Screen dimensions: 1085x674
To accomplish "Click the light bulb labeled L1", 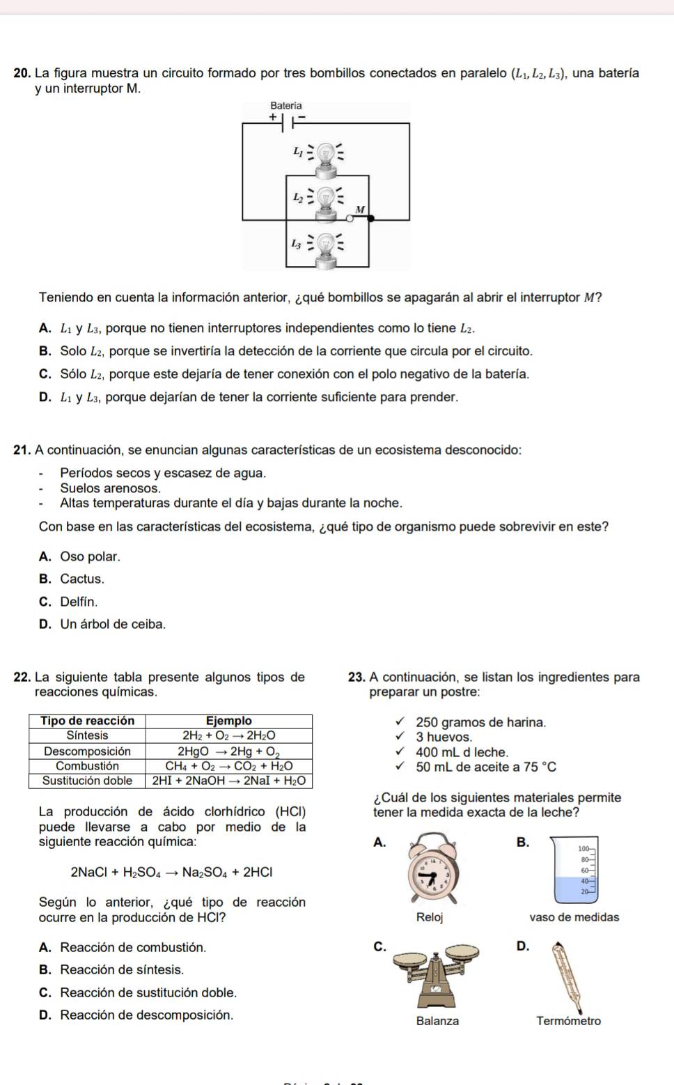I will pyautogui.click(x=325, y=154).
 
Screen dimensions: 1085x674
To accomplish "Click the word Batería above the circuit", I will pyautogui.click(x=286, y=106).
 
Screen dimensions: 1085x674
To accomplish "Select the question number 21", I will pyautogui.click(x=22, y=450).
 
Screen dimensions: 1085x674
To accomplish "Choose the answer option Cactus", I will pyautogui.click(x=82, y=579).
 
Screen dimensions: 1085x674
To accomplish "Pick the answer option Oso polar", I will pyautogui.click(x=90, y=556).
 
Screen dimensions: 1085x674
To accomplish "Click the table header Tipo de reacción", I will pyautogui.click(x=87, y=721).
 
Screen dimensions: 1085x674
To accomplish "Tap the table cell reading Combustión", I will pyautogui.click(x=87, y=765).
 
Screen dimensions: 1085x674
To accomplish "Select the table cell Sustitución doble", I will pyautogui.click(x=87, y=781).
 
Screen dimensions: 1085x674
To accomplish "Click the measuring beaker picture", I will pyautogui.click(x=575, y=871).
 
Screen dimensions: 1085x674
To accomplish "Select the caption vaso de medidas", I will pyautogui.click(x=574, y=917).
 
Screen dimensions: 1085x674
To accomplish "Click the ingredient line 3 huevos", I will pyautogui.click(x=444, y=737).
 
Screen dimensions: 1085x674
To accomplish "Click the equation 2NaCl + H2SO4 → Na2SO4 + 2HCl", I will pyautogui.click(x=171, y=872).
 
